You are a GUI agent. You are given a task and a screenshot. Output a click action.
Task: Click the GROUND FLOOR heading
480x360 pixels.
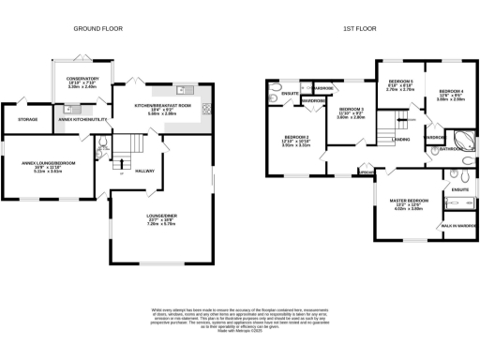coord(94,29)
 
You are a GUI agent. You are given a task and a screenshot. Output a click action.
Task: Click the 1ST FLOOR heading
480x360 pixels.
coord(359,29)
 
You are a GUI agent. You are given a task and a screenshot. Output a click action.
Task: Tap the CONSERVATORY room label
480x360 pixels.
coord(82,66)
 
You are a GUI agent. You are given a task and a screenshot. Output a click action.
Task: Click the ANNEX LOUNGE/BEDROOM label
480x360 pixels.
coord(48,162)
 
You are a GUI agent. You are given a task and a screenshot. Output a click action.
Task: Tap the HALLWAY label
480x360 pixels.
coord(144,171)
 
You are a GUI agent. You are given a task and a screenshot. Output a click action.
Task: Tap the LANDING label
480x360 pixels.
coord(400,140)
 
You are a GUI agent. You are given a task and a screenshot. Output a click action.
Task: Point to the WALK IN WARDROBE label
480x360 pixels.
coord(458,226)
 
